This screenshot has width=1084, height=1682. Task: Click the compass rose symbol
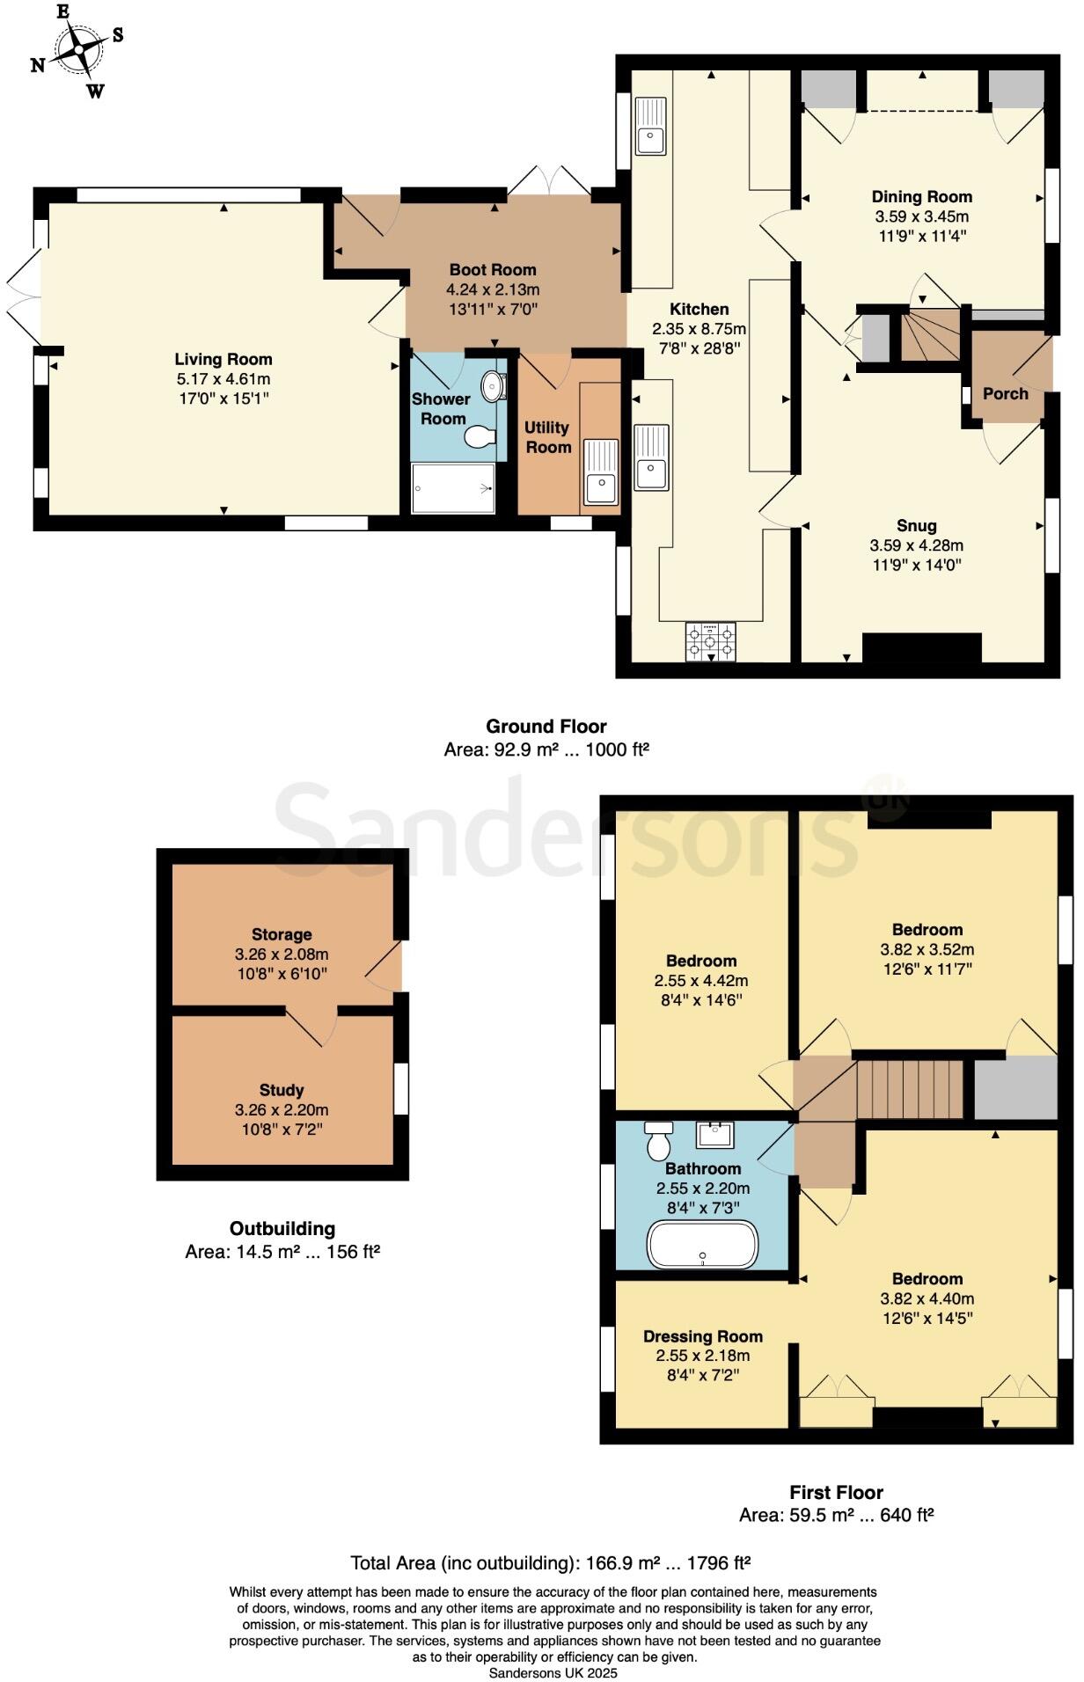78,49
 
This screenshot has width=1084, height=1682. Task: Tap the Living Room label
223,359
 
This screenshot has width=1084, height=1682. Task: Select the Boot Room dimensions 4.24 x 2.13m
493,289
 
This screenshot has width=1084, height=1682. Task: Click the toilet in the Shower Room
480,437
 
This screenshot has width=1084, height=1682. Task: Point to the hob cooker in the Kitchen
710,641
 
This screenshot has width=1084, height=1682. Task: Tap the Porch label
1005,393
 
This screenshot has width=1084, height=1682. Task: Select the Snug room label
916,526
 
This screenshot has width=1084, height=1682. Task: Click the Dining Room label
921,197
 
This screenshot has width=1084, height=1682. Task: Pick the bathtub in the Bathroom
702,1244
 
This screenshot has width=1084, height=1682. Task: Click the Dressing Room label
702,1336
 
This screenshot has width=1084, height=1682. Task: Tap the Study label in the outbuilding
282,1090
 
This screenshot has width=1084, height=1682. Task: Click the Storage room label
282,934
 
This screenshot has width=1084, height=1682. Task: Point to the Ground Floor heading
546,727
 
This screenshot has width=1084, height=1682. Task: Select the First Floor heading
836,1492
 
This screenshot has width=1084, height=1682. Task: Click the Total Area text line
550,1562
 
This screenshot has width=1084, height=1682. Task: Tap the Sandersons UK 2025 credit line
553,1673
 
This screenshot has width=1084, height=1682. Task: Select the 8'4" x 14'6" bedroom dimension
701,1000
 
